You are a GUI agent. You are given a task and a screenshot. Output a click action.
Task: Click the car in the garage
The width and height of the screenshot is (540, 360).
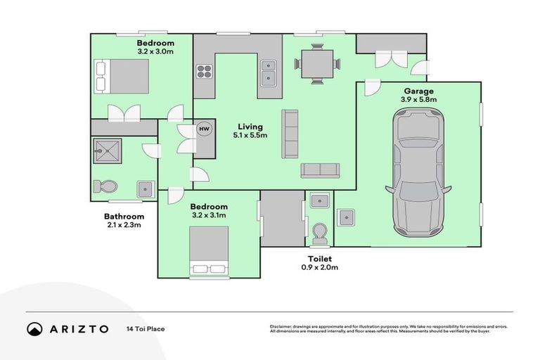coord(418,173)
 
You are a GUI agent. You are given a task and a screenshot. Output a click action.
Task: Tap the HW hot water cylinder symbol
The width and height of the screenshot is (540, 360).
coord(205,129)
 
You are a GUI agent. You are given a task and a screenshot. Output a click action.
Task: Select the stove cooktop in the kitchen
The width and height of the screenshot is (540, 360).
coord(204,71)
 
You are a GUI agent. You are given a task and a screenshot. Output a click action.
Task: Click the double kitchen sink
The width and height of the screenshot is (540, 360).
coord(269,71)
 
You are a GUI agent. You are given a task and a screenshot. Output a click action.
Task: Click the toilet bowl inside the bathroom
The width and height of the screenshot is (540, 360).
coord(106,186)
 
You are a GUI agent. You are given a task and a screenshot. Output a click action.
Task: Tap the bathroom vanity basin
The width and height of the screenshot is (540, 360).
coord(146,188)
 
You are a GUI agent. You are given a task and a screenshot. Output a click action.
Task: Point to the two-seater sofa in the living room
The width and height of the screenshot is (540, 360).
coord(320,170)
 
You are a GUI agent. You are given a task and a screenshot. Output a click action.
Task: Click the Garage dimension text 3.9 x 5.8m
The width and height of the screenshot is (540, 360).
coord(418,100)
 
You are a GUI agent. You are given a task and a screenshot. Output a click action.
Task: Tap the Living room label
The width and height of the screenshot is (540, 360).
coord(250,126)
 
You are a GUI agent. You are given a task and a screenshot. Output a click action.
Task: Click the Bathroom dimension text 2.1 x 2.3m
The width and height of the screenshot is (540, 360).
coord(124,225)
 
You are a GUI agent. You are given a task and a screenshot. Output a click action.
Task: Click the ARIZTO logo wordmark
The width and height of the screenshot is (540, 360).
coord(78,329)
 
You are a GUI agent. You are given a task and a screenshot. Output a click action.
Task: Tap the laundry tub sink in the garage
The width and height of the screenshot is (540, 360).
coord(345,217)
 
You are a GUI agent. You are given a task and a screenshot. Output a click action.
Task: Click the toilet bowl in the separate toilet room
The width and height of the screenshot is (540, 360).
coord(320,231)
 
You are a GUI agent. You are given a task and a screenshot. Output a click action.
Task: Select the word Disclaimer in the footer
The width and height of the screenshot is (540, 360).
coord(281,327)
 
